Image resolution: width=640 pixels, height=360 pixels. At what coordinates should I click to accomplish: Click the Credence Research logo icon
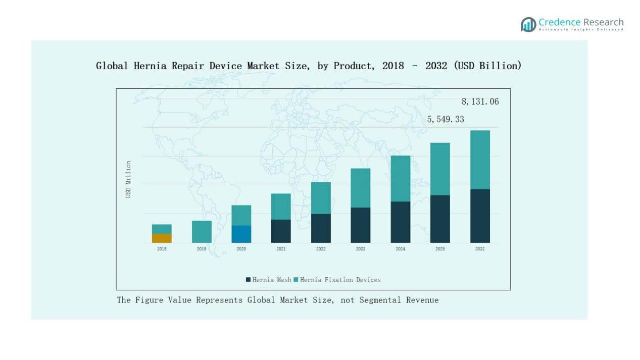(x=528, y=24)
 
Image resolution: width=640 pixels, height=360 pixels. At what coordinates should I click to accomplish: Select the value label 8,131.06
(x=480, y=101)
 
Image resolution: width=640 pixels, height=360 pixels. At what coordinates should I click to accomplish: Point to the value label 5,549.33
(x=445, y=119)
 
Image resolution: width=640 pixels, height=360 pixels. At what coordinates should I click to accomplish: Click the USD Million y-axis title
(x=128, y=179)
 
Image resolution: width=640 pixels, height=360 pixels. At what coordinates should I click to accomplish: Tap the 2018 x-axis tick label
(x=162, y=249)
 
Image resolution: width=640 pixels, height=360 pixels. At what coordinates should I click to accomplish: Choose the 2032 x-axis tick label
(x=480, y=249)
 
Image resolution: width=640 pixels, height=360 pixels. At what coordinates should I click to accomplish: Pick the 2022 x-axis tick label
(x=321, y=249)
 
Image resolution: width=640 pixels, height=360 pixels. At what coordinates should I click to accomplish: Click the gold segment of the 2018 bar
(x=162, y=238)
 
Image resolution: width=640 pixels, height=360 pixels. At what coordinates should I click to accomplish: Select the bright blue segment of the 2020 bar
(x=241, y=234)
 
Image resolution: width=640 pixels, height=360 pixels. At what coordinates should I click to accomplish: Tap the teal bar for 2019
(x=202, y=232)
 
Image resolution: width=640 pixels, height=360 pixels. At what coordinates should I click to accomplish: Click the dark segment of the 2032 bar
(x=480, y=216)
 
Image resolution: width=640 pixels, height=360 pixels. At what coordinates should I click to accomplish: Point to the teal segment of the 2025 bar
(x=440, y=169)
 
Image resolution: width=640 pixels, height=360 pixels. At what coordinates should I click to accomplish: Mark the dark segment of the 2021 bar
(x=281, y=231)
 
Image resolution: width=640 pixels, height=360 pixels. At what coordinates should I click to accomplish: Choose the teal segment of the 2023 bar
(x=361, y=188)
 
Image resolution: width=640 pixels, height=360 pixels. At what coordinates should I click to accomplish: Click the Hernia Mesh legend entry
(x=268, y=280)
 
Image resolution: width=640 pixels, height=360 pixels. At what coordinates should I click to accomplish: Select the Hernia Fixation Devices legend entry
(x=340, y=280)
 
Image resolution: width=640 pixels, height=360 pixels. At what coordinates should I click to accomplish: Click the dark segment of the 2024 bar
(x=401, y=222)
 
